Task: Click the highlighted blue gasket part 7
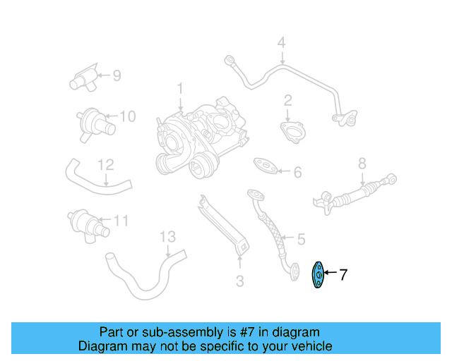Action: (319, 276)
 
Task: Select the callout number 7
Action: (343, 275)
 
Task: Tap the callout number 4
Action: (281, 43)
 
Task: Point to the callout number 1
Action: (179, 89)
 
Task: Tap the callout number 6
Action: (297, 172)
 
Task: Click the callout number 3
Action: (239, 282)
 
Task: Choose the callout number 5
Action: (300, 239)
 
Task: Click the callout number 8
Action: (362, 164)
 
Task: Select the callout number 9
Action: (117, 75)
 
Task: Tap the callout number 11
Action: (121, 221)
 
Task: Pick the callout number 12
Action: (105, 165)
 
